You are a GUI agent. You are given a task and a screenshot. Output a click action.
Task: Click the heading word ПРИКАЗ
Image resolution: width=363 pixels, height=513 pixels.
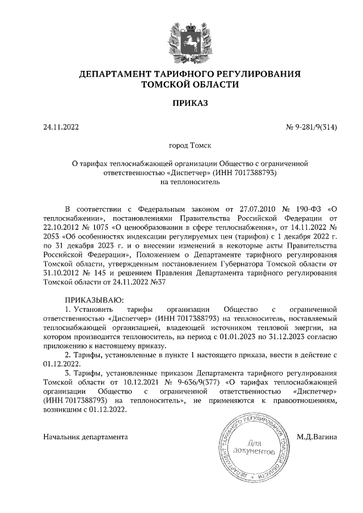pyautogui.click(x=189, y=103)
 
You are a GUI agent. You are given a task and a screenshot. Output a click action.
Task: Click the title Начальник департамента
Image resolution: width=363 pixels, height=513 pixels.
pyautogui.click(x=86, y=436)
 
